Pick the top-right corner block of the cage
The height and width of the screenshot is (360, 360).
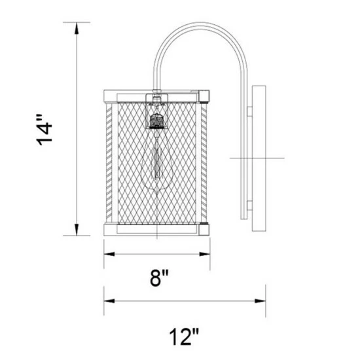(x=205, y=95)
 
